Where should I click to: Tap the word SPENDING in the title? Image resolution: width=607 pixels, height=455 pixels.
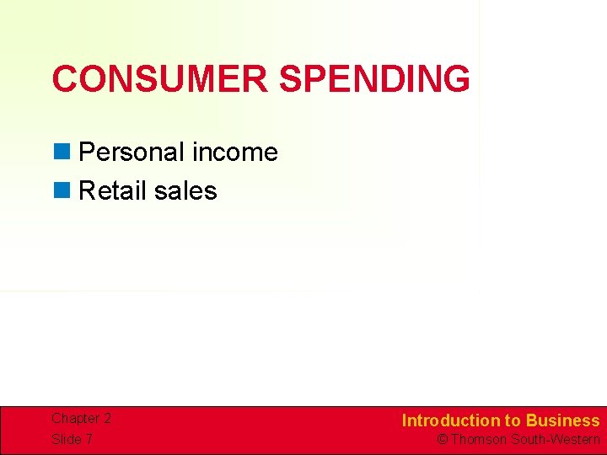tap(374, 79)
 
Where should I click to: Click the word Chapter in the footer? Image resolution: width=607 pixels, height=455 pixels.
tap(74, 419)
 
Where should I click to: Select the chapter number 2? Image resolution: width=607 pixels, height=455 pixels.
tap(107, 419)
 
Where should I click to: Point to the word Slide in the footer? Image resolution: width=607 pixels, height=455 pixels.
tap(67, 440)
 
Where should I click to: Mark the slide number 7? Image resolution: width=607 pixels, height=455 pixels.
tap(89, 440)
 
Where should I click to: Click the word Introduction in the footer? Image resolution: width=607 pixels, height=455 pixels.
tap(451, 420)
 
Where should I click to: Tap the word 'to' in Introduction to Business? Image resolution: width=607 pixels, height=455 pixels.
tap(513, 420)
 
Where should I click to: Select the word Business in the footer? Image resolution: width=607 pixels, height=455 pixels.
tap(562, 420)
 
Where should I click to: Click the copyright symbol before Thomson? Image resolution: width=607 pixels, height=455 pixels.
tap(442, 440)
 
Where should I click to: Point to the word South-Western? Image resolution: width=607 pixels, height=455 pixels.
tap(556, 440)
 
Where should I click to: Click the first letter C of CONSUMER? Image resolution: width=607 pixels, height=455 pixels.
tap(64, 79)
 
